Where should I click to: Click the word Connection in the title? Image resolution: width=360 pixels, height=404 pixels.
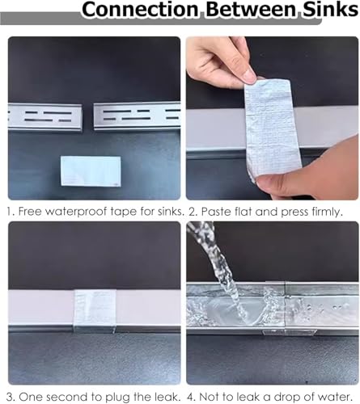[x=140, y=10]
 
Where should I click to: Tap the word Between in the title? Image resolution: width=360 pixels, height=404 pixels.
[x=251, y=10]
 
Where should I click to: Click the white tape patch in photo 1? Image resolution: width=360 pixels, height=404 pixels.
[x=91, y=170]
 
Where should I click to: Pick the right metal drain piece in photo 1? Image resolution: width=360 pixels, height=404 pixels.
[x=137, y=116]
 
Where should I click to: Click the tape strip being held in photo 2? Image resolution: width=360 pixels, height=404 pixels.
[x=269, y=127]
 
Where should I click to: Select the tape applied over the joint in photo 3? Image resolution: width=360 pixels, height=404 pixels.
[x=95, y=309]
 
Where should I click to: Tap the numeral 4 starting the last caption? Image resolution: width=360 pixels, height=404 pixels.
[x=190, y=397]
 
